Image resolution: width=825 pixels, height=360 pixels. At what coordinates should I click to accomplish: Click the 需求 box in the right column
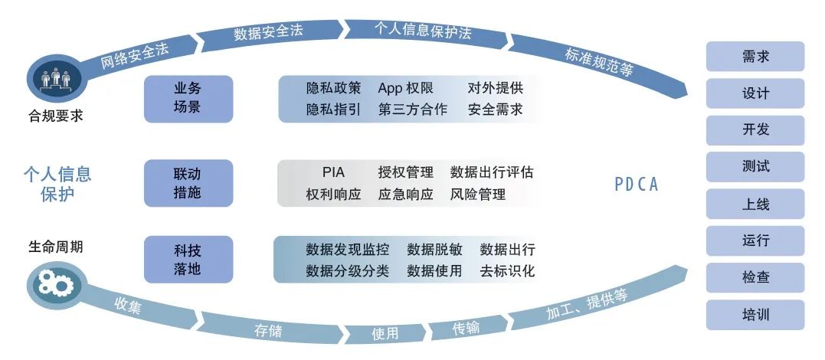pyautogui.click(x=755, y=57)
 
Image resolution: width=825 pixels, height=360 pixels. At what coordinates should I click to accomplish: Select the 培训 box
pyautogui.click(x=755, y=315)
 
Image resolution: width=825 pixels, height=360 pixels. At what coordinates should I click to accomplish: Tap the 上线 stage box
pyautogui.click(x=755, y=204)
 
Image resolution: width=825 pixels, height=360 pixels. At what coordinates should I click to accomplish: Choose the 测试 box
pyautogui.click(x=755, y=167)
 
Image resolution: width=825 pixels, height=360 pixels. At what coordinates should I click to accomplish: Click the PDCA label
pyautogui.click(x=637, y=184)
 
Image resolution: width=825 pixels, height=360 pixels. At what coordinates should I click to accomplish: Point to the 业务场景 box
pyautogui.click(x=188, y=99)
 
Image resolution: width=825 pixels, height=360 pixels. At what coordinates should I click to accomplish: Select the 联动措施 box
pyautogui.click(x=188, y=183)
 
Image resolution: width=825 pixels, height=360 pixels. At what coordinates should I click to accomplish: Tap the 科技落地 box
pyautogui.click(x=188, y=260)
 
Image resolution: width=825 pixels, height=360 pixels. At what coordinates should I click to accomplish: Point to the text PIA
pyautogui.click(x=333, y=172)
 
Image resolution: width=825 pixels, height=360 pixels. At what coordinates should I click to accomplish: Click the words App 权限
pyautogui.click(x=406, y=88)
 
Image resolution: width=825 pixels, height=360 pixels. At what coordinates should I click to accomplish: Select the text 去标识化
pyautogui.click(x=507, y=270)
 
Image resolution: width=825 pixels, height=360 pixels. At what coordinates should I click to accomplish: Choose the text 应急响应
pyautogui.click(x=406, y=195)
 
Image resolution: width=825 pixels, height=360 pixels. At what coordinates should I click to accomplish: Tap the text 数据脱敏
pyautogui.click(x=434, y=249)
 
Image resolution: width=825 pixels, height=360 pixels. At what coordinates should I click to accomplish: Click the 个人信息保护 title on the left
pyautogui.click(x=57, y=184)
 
